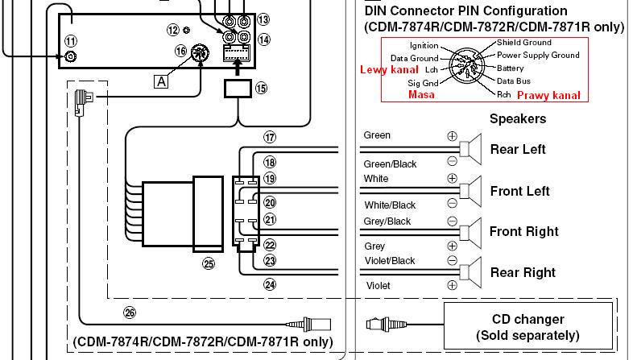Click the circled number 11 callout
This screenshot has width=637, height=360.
tap(71, 41)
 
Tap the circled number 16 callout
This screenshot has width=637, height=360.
tap(180, 51)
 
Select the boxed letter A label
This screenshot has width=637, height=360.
tap(161, 82)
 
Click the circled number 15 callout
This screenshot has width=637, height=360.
tap(261, 88)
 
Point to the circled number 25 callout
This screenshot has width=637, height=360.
tap(209, 264)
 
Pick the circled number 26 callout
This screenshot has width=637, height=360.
tap(130, 312)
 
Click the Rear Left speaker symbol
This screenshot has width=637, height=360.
tap(470, 149)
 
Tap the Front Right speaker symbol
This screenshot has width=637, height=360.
tap(470, 233)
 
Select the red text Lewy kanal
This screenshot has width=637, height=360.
tap(389, 69)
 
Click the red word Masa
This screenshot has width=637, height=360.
tap(421, 95)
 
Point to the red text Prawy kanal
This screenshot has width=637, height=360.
tap(548, 96)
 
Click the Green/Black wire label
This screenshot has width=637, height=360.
tap(390, 164)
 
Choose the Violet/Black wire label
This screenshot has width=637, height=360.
tap(390, 261)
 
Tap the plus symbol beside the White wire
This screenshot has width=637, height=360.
tap(452, 178)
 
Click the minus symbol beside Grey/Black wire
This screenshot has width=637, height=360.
tap(452, 221)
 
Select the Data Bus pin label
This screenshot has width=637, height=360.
tap(514, 81)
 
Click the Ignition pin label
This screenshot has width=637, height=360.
tap(424, 46)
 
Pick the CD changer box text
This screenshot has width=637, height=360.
tap(527, 328)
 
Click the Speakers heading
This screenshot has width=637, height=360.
tap(518, 118)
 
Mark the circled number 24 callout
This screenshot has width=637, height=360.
tap(270, 284)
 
